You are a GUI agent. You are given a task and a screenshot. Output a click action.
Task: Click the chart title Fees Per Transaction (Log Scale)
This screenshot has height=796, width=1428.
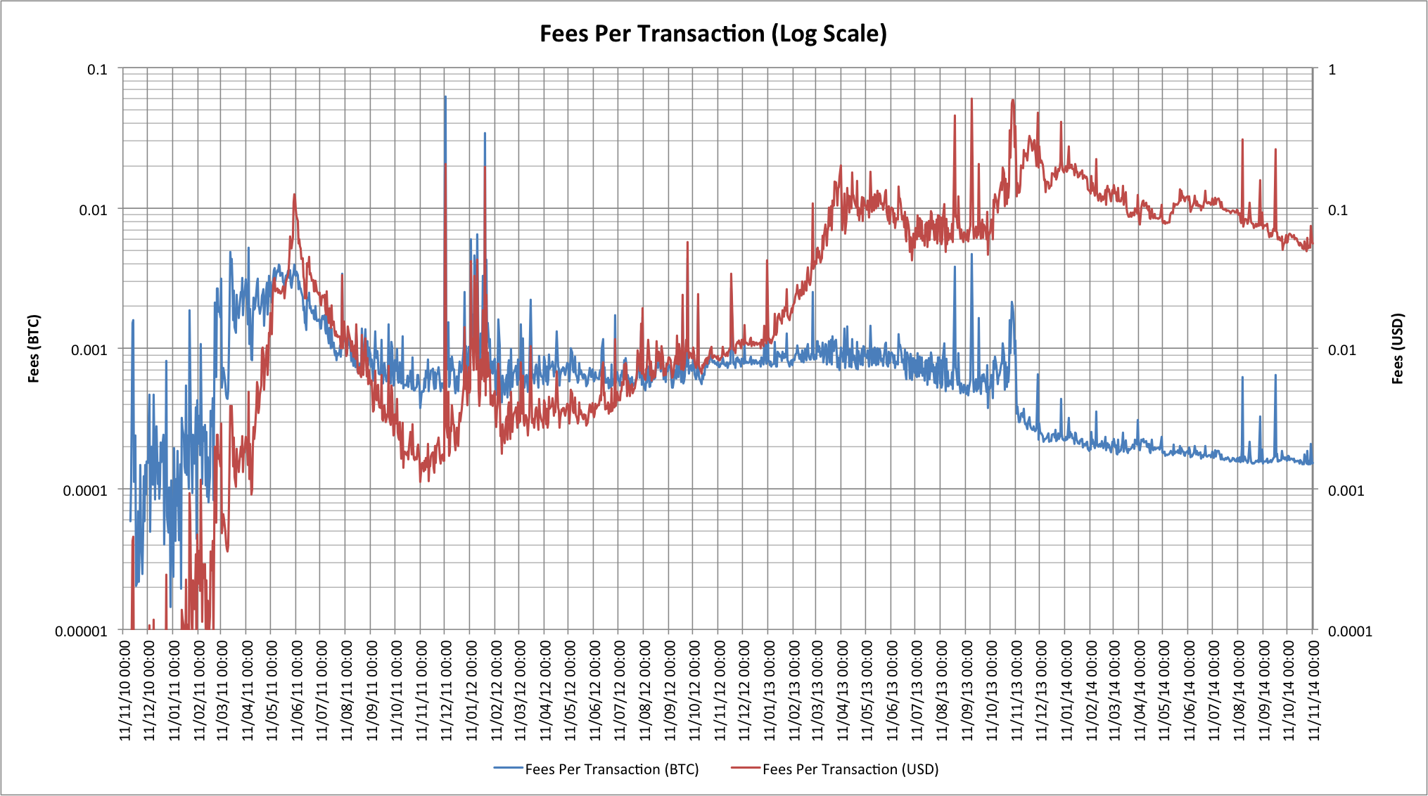[713, 34]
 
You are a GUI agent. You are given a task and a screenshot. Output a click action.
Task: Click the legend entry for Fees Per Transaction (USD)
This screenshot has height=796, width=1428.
[850, 769]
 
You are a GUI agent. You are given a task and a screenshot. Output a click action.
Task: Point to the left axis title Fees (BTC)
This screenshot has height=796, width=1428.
[34, 349]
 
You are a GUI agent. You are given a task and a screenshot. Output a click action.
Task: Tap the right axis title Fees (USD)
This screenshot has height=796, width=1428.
[1398, 349]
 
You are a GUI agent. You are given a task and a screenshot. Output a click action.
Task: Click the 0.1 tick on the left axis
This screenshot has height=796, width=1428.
[97, 70]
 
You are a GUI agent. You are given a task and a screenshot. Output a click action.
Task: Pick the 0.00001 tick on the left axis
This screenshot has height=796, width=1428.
[81, 631]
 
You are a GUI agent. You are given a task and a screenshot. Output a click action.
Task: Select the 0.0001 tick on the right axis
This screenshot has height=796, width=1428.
[1349, 631]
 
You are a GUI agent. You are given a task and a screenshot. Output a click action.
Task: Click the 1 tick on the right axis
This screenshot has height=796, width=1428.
[1332, 70]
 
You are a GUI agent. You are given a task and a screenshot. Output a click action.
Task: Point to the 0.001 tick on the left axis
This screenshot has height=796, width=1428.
[89, 349]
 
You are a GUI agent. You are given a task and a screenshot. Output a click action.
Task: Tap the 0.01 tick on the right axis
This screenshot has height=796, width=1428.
[1341, 349]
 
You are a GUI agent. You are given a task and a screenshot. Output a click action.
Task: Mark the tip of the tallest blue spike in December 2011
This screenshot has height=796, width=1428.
[445, 97]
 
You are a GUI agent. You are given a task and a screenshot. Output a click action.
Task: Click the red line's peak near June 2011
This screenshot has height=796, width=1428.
[294, 194]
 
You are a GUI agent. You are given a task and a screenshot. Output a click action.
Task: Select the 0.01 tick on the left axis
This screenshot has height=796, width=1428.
[93, 210]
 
